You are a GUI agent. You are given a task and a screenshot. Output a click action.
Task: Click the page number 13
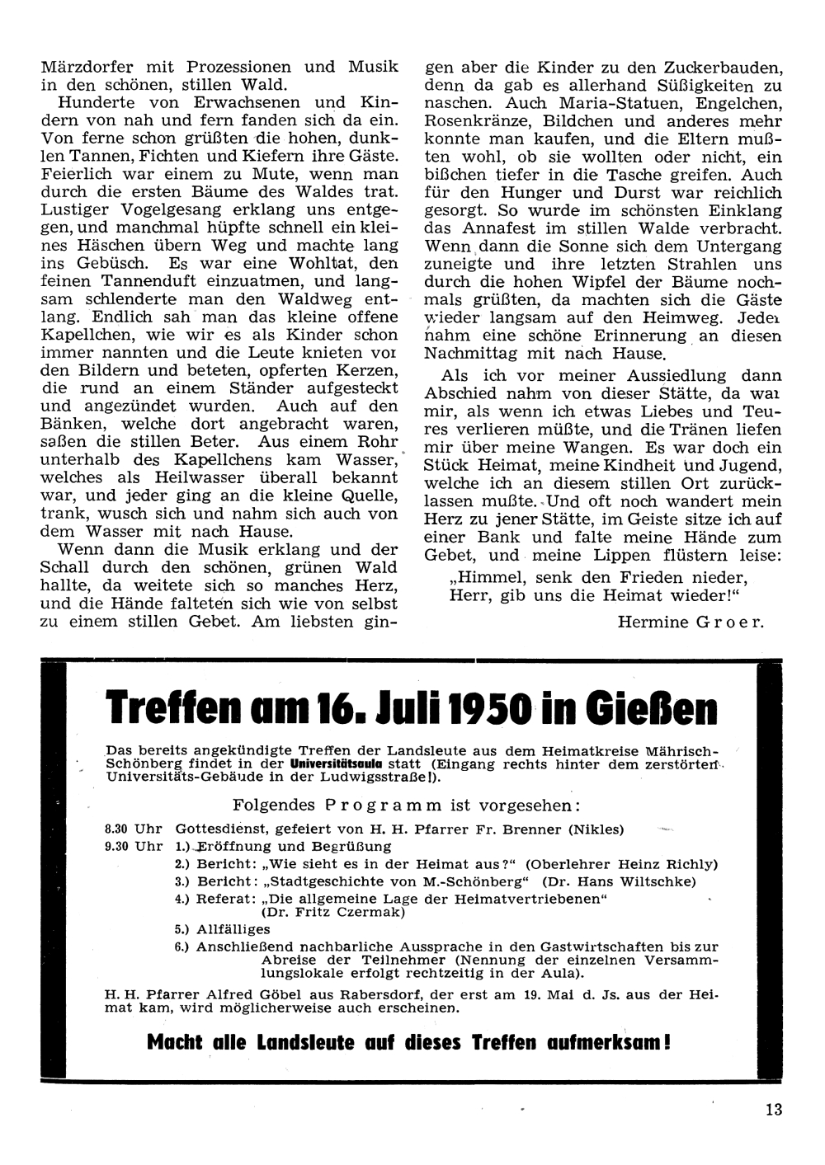pyautogui.click(x=773, y=1109)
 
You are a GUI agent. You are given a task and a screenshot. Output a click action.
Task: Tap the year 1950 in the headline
pyautogui.click(x=484, y=708)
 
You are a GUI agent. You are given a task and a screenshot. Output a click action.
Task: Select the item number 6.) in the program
pyautogui.click(x=183, y=947)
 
